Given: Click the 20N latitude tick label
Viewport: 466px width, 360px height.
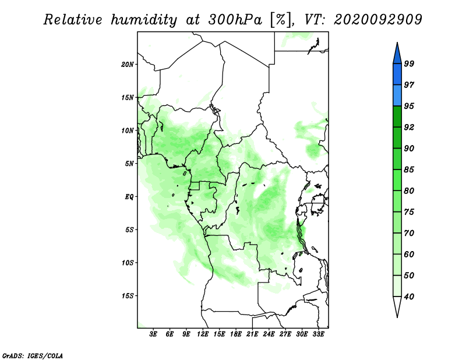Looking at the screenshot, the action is (x=127, y=65).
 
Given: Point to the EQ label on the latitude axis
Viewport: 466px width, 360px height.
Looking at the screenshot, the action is (x=129, y=197).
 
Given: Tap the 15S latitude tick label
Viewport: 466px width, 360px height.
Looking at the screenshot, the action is (x=128, y=296).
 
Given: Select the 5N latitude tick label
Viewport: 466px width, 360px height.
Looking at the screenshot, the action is (x=129, y=164).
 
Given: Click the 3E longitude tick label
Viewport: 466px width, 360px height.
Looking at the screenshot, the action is (x=153, y=334).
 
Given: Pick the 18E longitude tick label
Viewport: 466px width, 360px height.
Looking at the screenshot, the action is (x=236, y=334).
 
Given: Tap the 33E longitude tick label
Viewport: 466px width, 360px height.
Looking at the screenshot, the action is (x=318, y=334).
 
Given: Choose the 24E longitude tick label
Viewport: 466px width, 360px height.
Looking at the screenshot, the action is (x=269, y=334).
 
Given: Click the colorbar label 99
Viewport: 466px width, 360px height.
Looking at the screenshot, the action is (x=409, y=63).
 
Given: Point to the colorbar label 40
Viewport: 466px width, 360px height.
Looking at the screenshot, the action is (x=409, y=297).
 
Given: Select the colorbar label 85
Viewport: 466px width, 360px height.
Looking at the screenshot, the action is (x=409, y=170).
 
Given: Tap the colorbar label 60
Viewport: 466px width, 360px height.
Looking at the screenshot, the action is (x=409, y=254).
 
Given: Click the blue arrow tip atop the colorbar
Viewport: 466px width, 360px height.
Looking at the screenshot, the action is (x=397, y=43).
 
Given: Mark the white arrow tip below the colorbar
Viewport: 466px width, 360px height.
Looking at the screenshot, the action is (x=397, y=317).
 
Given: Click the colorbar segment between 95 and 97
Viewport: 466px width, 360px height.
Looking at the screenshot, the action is (x=397, y=96).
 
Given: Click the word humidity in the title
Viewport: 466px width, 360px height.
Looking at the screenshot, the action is (x=144, y=20).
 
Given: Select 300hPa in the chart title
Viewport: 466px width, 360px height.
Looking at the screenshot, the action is (x=235, y=20).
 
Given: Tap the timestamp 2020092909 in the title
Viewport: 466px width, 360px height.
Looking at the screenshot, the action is (x=377, y=20).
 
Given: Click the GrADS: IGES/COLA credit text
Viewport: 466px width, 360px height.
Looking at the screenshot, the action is (x=33, y=356).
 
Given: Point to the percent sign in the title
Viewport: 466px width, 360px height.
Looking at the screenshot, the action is (x=280, y=20).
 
